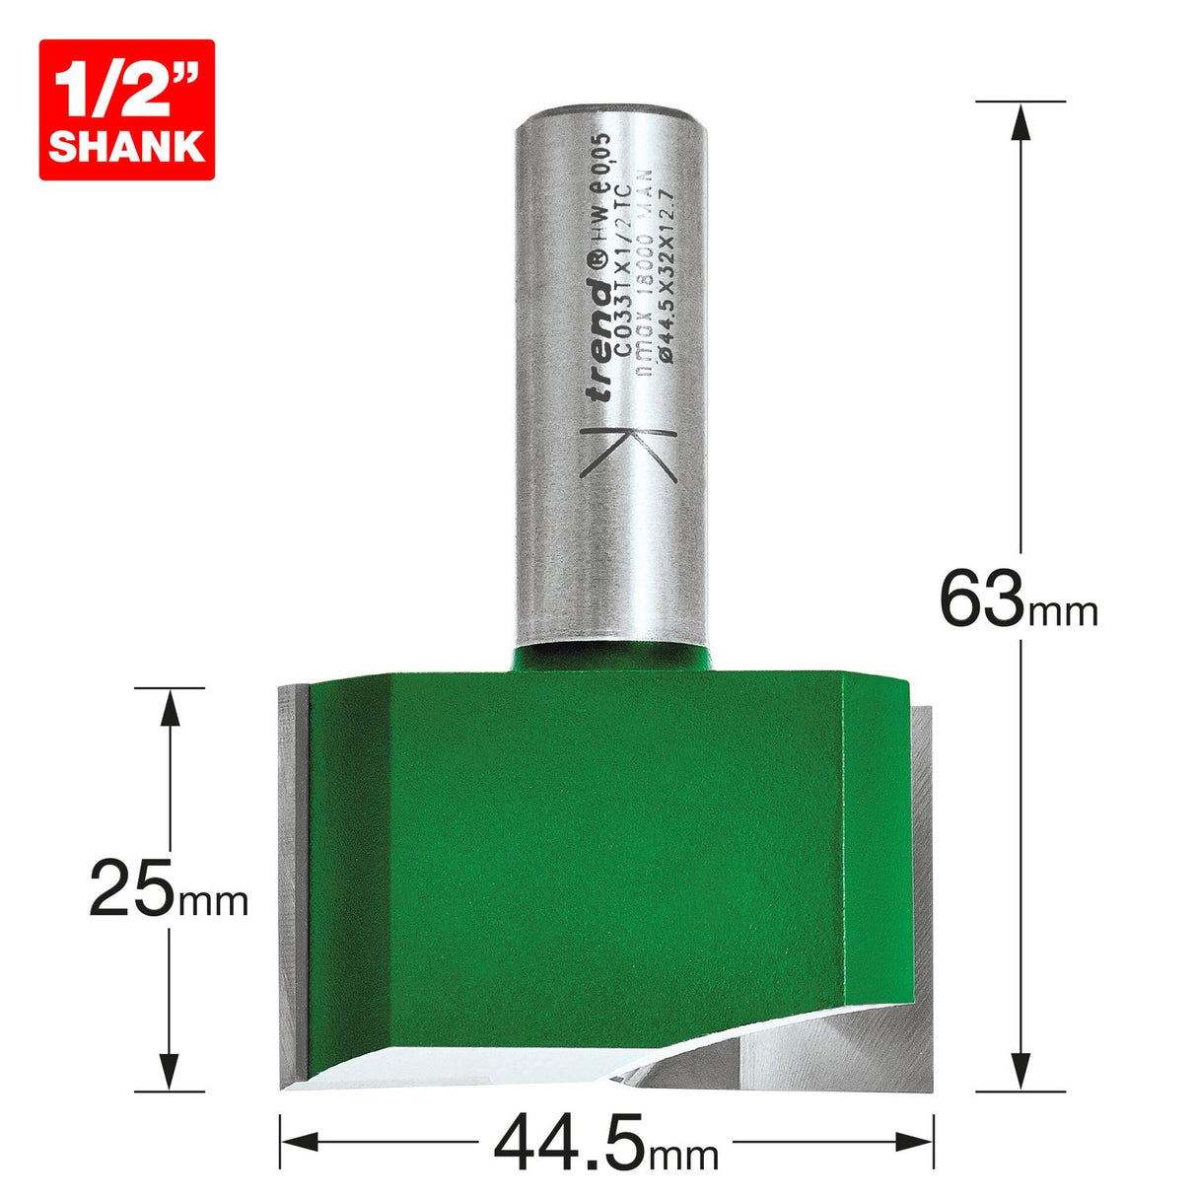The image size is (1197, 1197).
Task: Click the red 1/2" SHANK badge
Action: (126, 109)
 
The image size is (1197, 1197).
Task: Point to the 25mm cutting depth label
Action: (168, 886)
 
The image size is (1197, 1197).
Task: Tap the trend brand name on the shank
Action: (598, 339)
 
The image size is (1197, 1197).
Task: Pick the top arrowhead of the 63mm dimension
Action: (1021, 120)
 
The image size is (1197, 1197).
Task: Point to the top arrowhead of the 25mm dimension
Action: (171, 706)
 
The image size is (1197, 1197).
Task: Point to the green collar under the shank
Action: (611, 657)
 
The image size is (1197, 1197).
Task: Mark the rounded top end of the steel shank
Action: (611, 108)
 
